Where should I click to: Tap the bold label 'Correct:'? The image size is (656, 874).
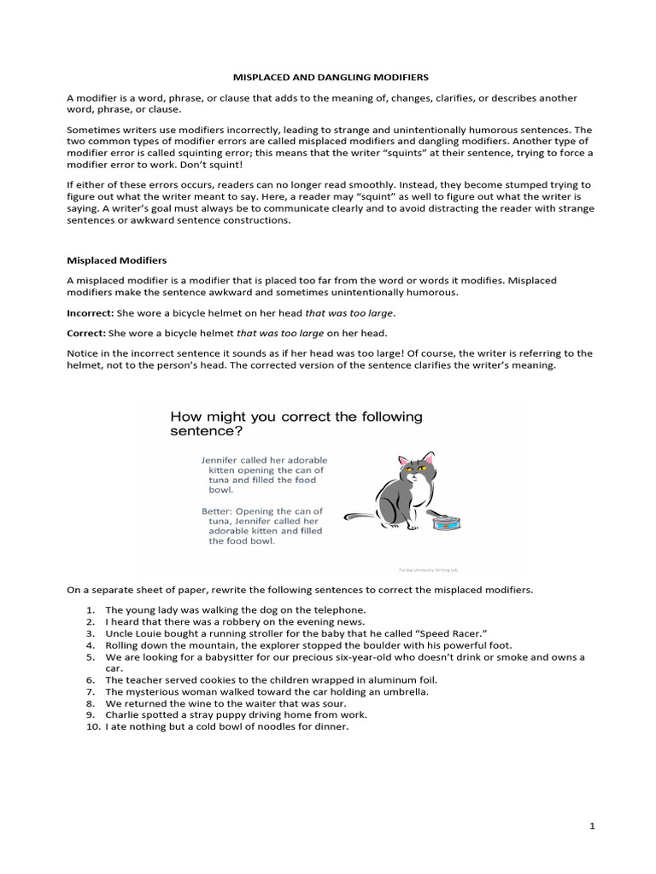(x=87, y=332)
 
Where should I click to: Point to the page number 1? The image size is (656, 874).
(x=591, y=826)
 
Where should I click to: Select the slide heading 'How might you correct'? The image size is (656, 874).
(x=296, y=424)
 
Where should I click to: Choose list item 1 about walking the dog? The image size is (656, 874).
(x=235, y=610)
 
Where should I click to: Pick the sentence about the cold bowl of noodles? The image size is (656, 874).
(x=227, y=726)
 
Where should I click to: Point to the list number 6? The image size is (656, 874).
(x=91, y=680)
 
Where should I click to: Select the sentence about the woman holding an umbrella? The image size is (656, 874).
(x=266, y=691)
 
